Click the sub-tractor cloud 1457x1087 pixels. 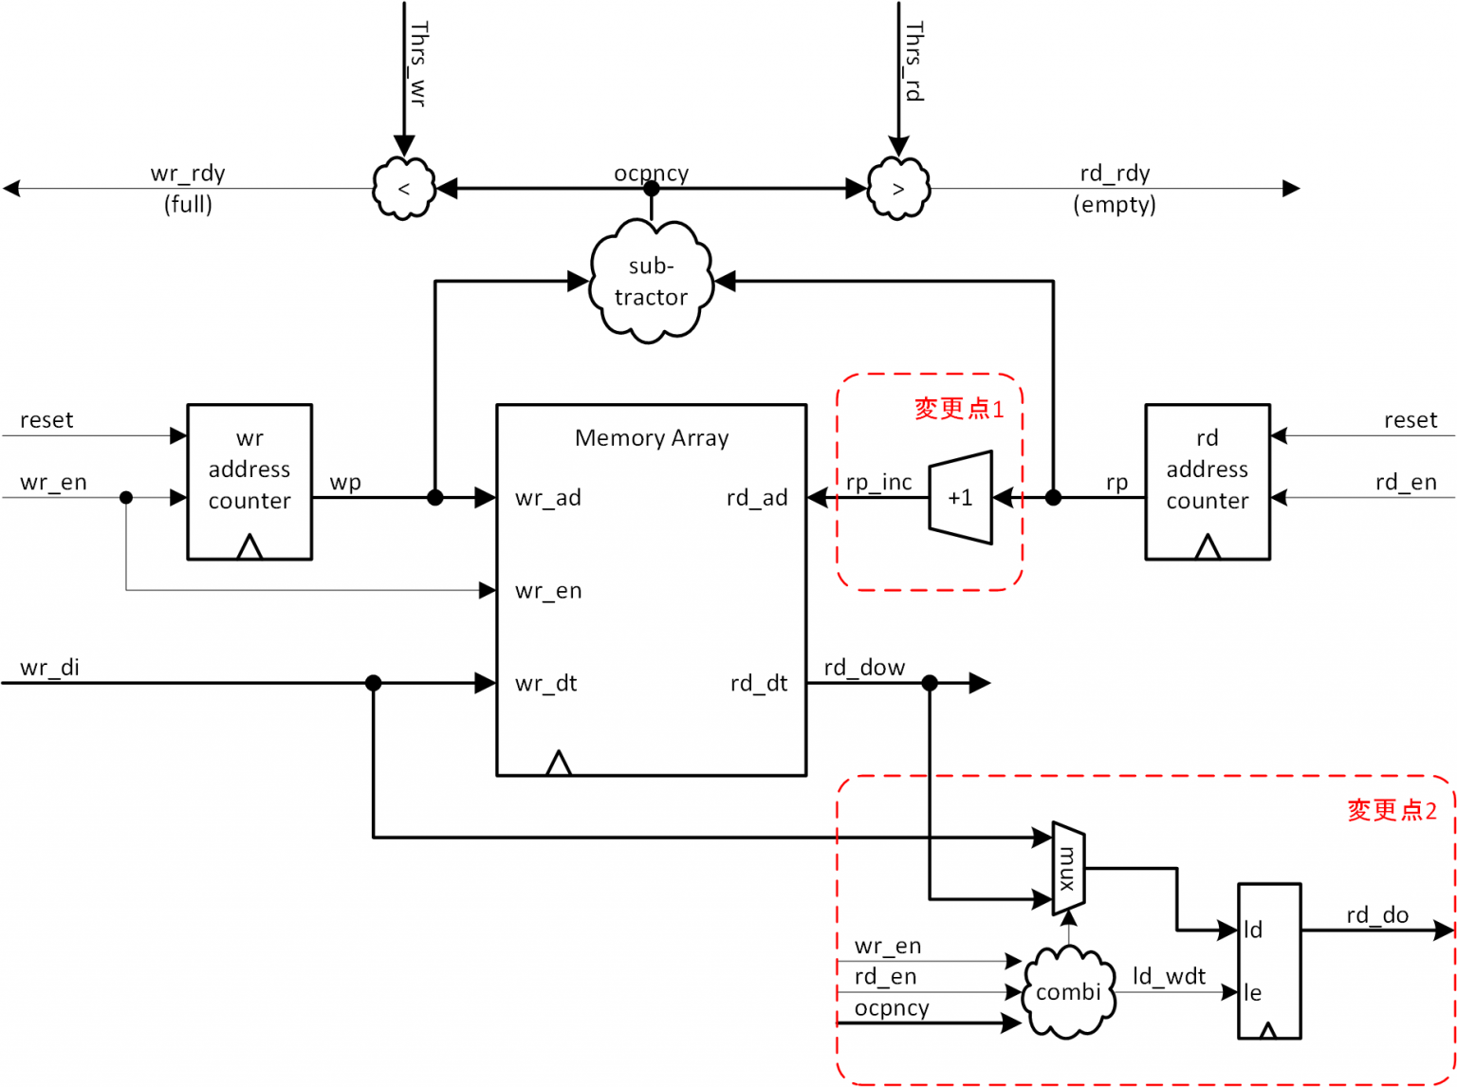click(651, 282)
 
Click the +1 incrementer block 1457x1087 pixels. click(960, 498)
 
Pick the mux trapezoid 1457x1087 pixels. click(1068, 869)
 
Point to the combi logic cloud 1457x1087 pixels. click(1068, 992)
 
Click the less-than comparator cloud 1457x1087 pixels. click(404, 189)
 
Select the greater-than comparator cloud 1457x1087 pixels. click(898, 189)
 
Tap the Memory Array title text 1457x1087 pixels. click(652, 438)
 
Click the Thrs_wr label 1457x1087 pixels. click(417, 63)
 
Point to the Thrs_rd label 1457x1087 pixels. click(913, 61)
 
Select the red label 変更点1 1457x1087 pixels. click(958, 409)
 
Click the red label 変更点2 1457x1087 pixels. click(1392, 810)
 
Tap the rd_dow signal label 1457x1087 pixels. click(864, 668)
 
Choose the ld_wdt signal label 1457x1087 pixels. click(1169, 976)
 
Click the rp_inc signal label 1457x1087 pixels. click(878, 482)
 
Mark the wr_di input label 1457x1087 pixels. click(49, 668)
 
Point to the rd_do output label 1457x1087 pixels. click(1376, 915)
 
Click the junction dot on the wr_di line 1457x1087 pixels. click(374, 683)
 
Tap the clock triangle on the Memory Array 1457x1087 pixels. click(559, 764)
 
